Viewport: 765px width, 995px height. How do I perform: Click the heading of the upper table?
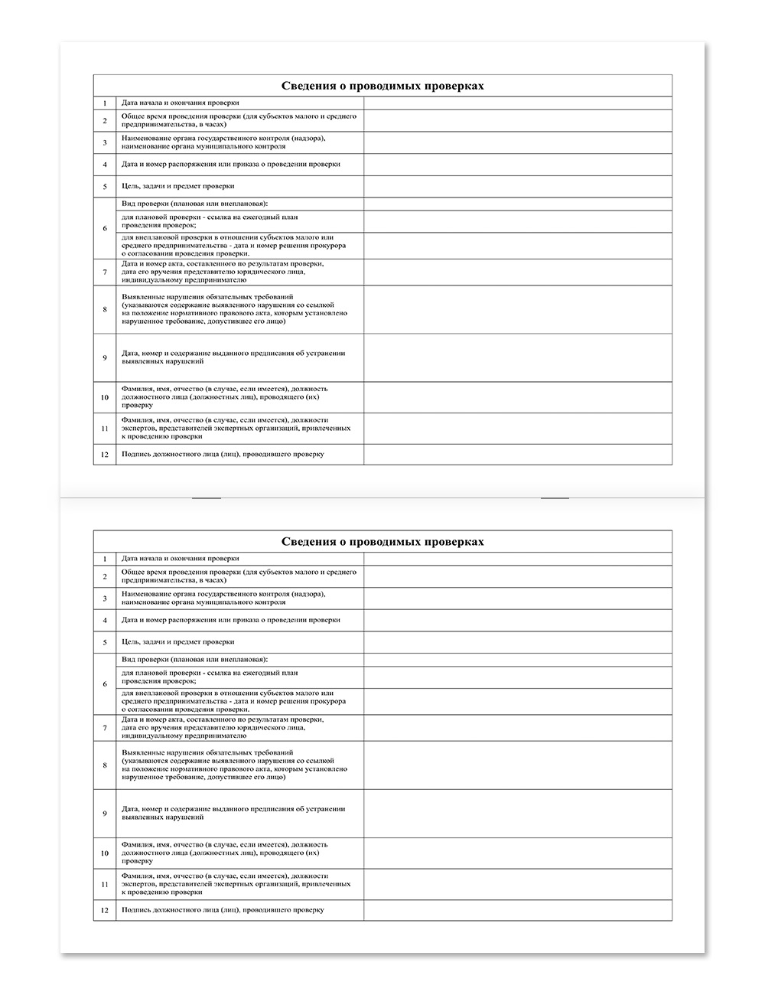click(382, 86)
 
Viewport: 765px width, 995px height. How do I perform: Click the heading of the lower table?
click(382, 542)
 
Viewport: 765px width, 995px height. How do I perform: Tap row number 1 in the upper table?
click(105, 103)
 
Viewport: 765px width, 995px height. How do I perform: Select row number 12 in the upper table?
click(105, 454)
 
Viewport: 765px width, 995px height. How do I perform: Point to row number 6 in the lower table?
click(105, 684)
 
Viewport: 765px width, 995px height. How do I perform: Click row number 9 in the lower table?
click(105, 814)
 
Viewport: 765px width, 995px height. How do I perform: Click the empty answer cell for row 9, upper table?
click(518, 357)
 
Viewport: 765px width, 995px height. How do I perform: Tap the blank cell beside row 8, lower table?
click(518, 765)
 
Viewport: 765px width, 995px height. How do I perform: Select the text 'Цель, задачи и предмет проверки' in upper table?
click(177, 186)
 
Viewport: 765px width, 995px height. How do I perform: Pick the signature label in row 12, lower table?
click(223, 910)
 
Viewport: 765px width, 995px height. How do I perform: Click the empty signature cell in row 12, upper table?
click(518, 454)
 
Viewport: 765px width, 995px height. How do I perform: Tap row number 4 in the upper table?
click(105, 164)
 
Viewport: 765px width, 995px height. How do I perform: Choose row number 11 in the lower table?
click(105, 884)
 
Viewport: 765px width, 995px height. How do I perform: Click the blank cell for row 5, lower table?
click(518, 642)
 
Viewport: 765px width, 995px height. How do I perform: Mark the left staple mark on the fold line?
click(207, 498)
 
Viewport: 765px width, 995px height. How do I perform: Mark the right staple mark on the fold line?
click(555, 498)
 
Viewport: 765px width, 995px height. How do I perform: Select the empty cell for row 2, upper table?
click(518, 120)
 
